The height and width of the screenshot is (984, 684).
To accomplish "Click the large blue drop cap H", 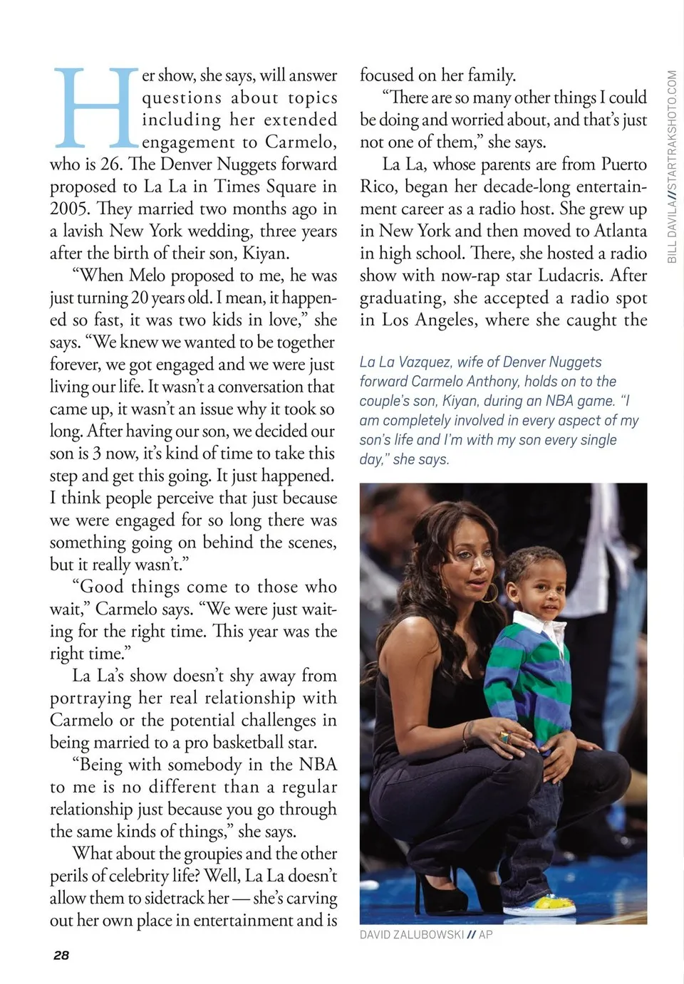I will point(95,108).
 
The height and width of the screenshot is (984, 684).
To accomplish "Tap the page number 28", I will point(61,955).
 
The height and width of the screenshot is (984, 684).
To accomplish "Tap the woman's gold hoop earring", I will point(491,592).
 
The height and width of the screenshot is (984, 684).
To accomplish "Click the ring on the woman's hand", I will point(504,737).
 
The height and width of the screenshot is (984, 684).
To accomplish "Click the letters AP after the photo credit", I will point(485,935).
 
